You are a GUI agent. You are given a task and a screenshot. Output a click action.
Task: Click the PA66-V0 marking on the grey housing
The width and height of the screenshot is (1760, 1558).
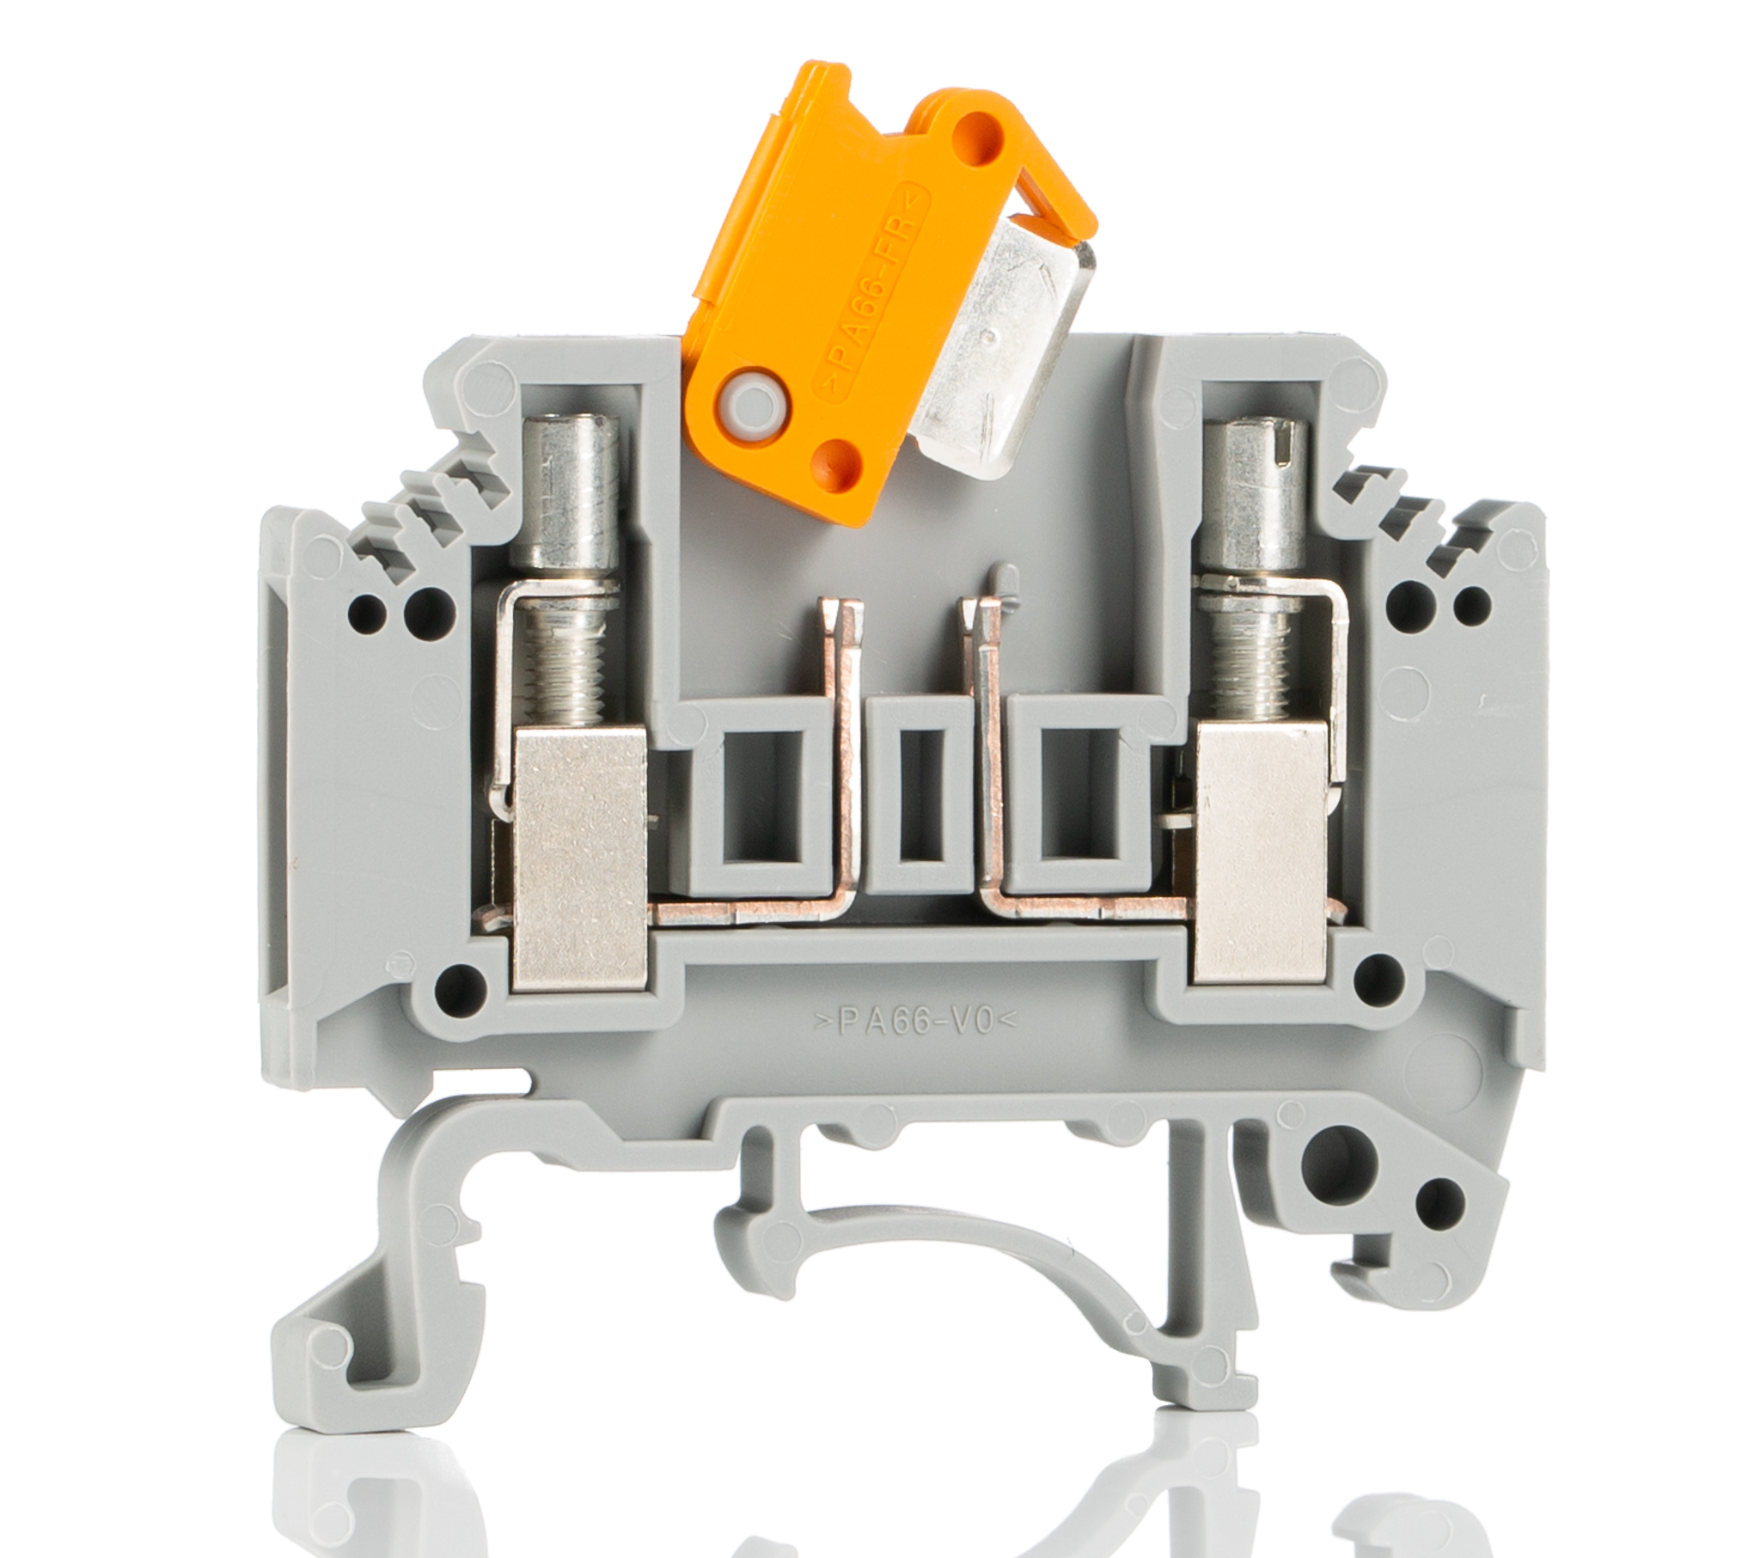tap(915, 1022)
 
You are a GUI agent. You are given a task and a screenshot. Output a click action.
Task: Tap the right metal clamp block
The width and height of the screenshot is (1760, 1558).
tap(1262, 852)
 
